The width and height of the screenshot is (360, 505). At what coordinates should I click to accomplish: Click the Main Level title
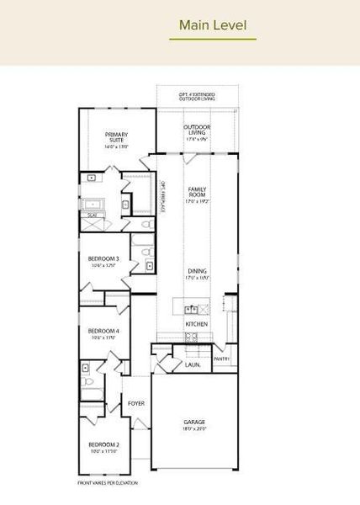pyautogui.click(x=213, y=26)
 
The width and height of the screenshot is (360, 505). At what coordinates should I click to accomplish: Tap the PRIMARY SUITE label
pyautogui.click(x=117, y=136)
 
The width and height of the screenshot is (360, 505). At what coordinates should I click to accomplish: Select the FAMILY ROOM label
pyautogui.click(x=197, y=192)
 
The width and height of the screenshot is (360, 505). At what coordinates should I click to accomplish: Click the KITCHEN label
pyautogui.click(x=197, y=323)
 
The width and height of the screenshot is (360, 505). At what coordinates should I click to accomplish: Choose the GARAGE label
pyautogui.click(x=195, y=422)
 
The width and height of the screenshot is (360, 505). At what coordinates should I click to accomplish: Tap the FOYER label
pyautogui.click(x=136, y=403)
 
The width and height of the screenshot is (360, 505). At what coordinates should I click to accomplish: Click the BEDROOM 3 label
pyautogui.click(x=103, y=258)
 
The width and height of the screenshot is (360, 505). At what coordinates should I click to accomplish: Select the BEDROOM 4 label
pyautogui.click(x=103, y=331)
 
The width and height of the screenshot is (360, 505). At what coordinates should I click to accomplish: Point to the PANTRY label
pyautogui.click(x=221, y=359)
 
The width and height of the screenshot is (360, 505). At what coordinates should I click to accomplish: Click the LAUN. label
pyautogui.click(x=193, y=365)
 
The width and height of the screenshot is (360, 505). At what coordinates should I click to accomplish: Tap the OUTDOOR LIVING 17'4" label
pyautogui.click(x=197, y=130)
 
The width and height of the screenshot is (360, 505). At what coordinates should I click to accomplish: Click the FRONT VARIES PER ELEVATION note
pyautogui.click(x=108, y=483)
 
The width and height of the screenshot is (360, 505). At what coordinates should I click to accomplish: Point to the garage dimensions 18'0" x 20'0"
pyautogui.click(x=195, y=428)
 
